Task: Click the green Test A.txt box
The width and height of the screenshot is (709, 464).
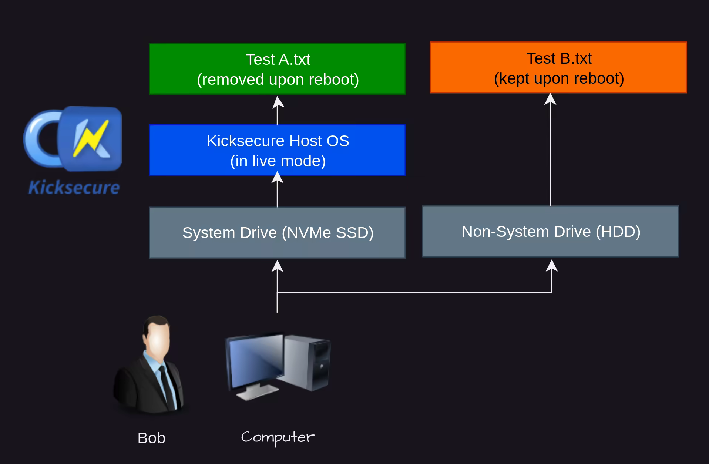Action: (x=277, y=69)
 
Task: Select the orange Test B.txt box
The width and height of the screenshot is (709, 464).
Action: (x=558, y=68)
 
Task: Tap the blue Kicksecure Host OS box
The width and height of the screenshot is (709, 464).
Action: (x=277, y=150)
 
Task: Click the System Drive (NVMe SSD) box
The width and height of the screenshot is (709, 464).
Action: (x=277, y=232)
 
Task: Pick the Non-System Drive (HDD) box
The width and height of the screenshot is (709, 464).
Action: (x=550, y=232)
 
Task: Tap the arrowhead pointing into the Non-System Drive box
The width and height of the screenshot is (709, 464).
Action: (x=552, y=265)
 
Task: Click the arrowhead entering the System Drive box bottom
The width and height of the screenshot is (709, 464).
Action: (x=278, y=266)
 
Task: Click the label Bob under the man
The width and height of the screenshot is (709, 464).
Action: (x=151, y=438)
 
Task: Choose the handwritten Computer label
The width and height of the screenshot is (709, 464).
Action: (x=278, y=437)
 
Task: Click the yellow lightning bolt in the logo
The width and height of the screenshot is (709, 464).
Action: (x=91, y=138)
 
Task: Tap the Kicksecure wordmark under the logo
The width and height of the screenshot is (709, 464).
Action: (x=74, y=188)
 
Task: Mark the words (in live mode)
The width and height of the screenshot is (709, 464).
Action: (x=278, y=161)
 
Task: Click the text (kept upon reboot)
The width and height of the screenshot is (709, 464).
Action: (x=559, y=78)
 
